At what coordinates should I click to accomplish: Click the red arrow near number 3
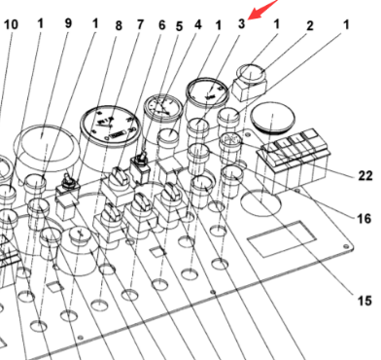(262, 10)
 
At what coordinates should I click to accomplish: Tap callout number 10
(11, 24)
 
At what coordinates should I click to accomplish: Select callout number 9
(68, 23)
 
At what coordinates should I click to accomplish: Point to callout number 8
(119, 26)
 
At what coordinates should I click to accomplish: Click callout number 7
(140, 24)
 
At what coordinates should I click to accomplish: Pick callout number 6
(162, 25)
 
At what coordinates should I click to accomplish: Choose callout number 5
(179, 26)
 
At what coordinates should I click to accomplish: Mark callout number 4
(198, 24)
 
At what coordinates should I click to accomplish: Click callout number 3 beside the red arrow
(241, 23)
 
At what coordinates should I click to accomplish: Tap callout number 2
(310, 26)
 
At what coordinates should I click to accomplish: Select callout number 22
(365, 175)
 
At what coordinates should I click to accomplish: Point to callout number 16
(364, 219)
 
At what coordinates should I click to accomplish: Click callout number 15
(364, 301)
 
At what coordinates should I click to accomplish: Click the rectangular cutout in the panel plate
(282, 239)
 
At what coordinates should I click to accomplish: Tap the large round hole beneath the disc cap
(261, 202)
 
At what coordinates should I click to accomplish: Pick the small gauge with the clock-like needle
(162, 108)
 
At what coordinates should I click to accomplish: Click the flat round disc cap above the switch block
(273, 118)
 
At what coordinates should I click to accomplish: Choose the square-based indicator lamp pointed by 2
(251, 82)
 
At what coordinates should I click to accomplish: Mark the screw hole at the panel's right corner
(346, 247)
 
